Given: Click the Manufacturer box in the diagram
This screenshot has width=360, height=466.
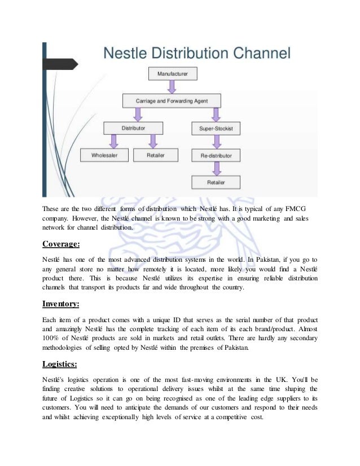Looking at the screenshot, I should (x=172, y=73).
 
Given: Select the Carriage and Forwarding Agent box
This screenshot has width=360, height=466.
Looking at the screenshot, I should (x=172, y=101).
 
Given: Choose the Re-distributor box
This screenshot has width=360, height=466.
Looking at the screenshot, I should (x=216, y=155).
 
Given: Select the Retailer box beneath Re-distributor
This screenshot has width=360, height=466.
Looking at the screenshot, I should (x=216, y=182).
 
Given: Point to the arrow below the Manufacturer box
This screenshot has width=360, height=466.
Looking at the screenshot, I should (x=172, y=86).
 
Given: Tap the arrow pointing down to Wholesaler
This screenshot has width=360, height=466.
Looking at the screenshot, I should (x=113, y=142).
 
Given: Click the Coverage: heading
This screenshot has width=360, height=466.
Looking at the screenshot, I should (x=62, y=244).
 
